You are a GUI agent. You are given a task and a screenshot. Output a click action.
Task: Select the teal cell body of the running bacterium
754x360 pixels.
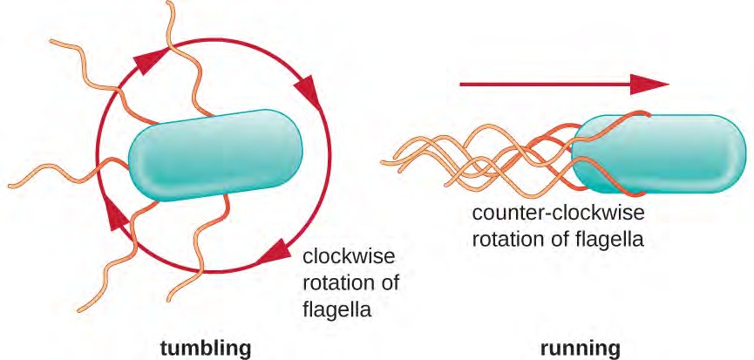[662, 154]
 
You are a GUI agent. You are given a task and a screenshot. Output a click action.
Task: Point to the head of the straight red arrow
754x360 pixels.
[652, 84]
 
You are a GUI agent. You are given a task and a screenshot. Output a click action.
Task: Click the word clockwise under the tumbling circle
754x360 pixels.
[348, 256]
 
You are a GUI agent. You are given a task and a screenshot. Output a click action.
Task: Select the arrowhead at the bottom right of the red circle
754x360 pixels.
[275, 248]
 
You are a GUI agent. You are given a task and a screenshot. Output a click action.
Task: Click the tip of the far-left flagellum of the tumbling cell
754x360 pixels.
[8, 185]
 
